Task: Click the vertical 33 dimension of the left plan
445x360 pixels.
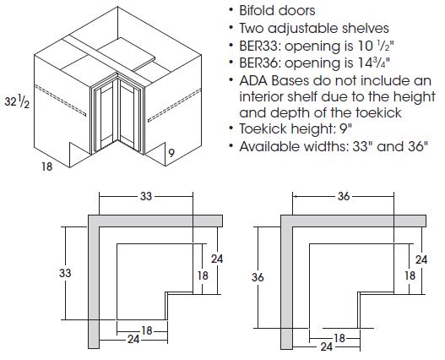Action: [x=64, y=274]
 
